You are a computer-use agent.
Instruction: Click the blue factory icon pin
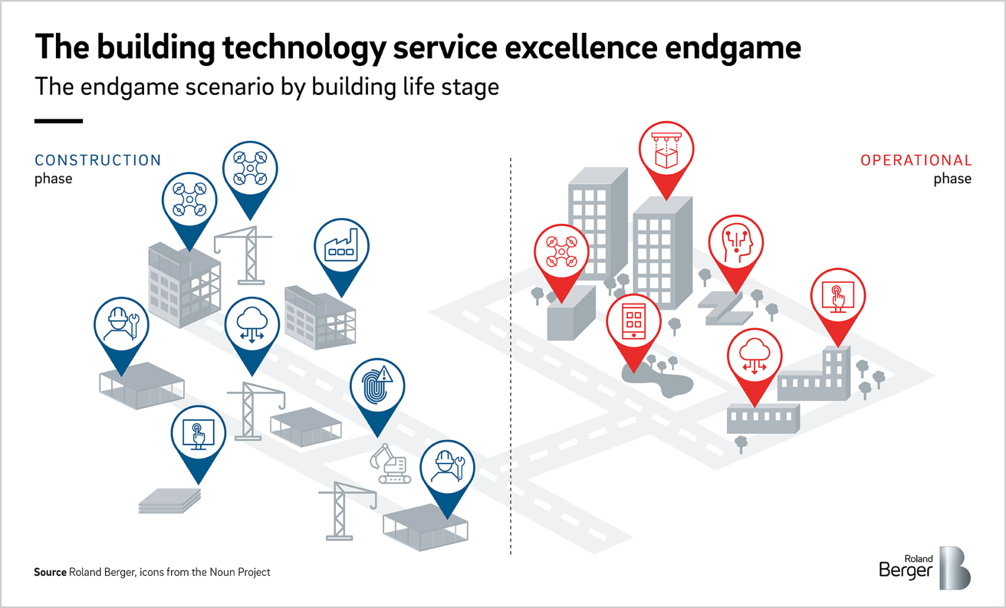(341, 247)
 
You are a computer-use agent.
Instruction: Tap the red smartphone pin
(634, 322)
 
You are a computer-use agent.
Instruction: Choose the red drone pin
(561, 252)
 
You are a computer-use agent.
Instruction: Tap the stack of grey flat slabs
(170, 500)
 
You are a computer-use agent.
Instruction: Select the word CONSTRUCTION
(98, 160)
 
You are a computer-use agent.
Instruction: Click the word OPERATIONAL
(916, 160)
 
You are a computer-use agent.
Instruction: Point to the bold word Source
(50, 572)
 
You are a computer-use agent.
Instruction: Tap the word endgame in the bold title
(733, 48)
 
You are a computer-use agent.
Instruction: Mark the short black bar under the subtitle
(58, 121)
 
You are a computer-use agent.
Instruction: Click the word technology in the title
(304, 48)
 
